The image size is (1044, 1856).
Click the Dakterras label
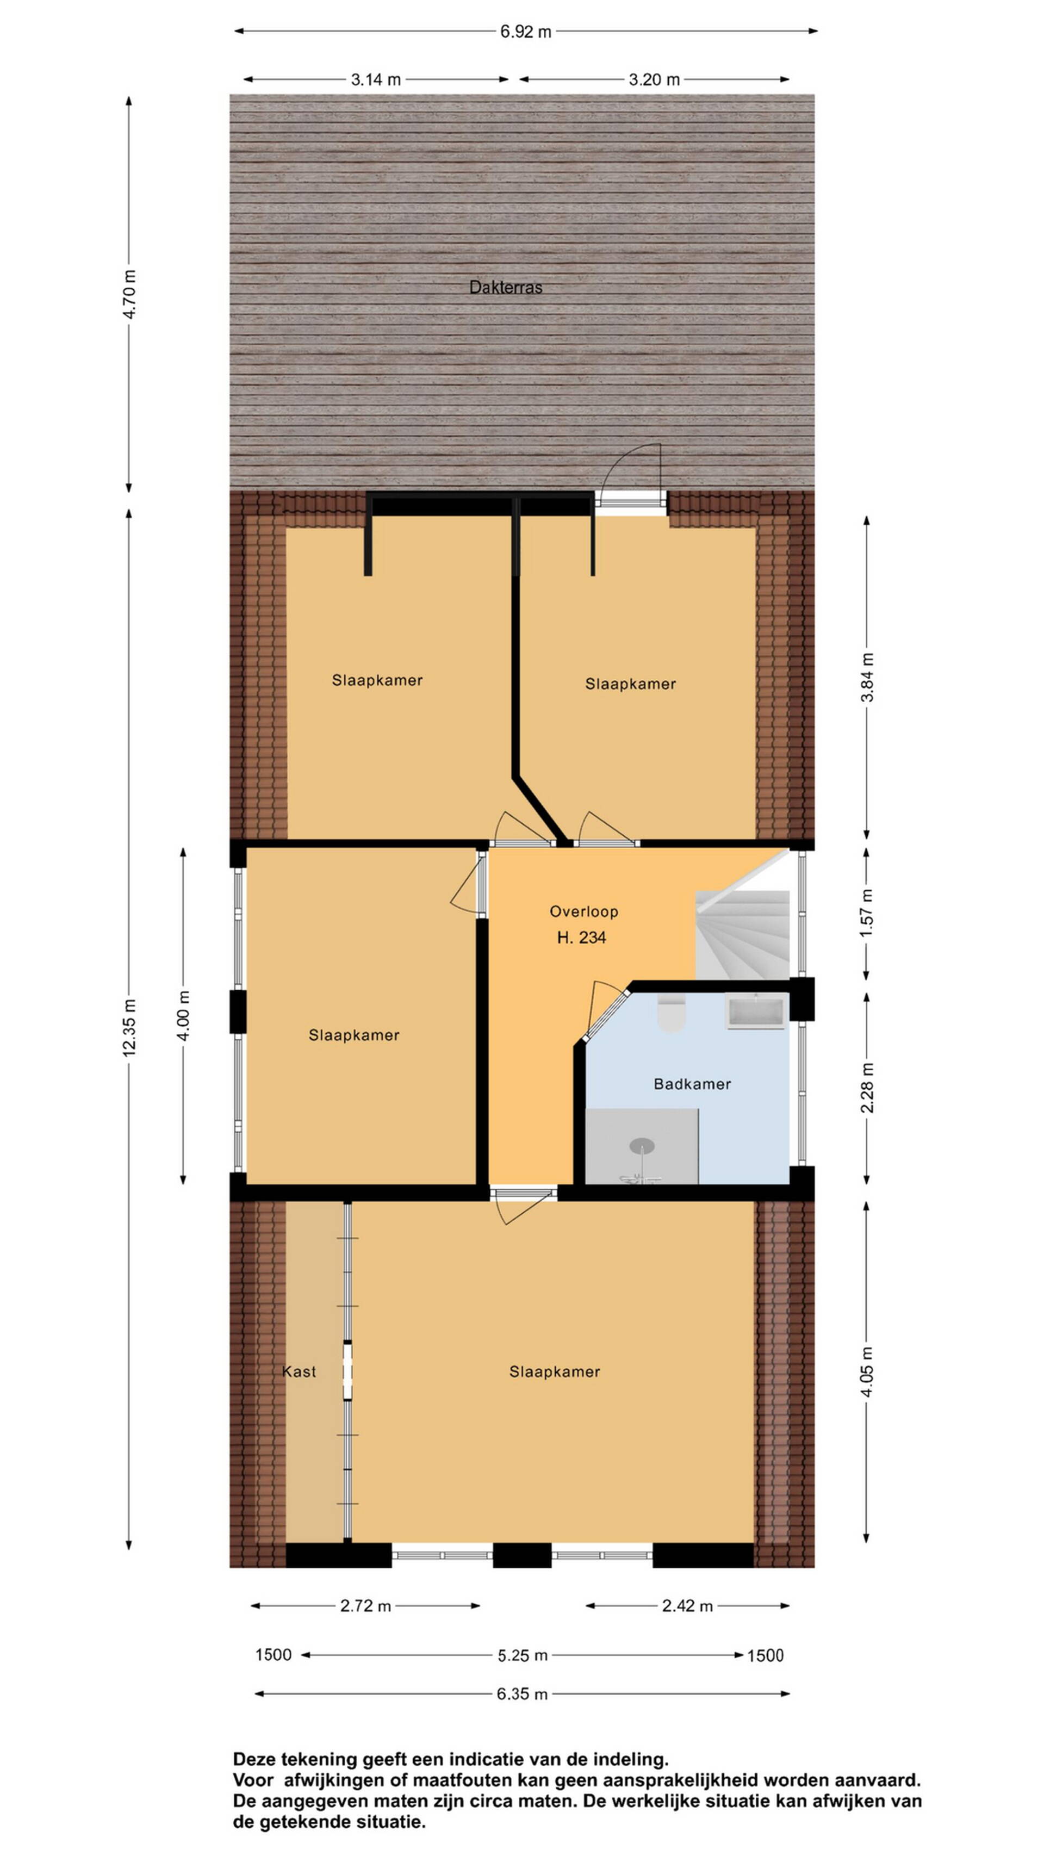pyautogui.click(x=505, y=288)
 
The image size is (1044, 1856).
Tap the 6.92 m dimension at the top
pyautogui.click(x=526, y=32)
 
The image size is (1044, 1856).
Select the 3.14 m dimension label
pyautogui.click(x=375, y=79)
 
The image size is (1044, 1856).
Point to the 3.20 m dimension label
pyautogui.click(x=654, y=79)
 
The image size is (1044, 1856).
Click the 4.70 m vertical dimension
pyautogui.click(x=129, y=294)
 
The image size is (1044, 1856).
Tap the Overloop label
pyautogui.click(x=583, y=911)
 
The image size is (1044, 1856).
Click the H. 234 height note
pyautogui.click(x=581, y=938)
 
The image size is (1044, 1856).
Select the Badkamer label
pyautogui.click(x=692, y=1084)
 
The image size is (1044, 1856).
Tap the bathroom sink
pyautogui.click(x=756, y=1011)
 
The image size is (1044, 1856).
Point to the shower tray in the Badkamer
pyautogui.click(x=641, y=1146)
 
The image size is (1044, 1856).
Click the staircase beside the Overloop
pyautogui.click(x=743, y=934)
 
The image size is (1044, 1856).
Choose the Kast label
pyautogui.click(x=299, y=1371)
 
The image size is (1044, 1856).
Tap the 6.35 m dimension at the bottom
pyautogui.click(x=521, y=1694)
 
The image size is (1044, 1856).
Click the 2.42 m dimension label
pyautogui.click(x=687, y=1605)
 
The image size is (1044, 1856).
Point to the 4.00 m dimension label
pyautogui.click(x=183, y=1015)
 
